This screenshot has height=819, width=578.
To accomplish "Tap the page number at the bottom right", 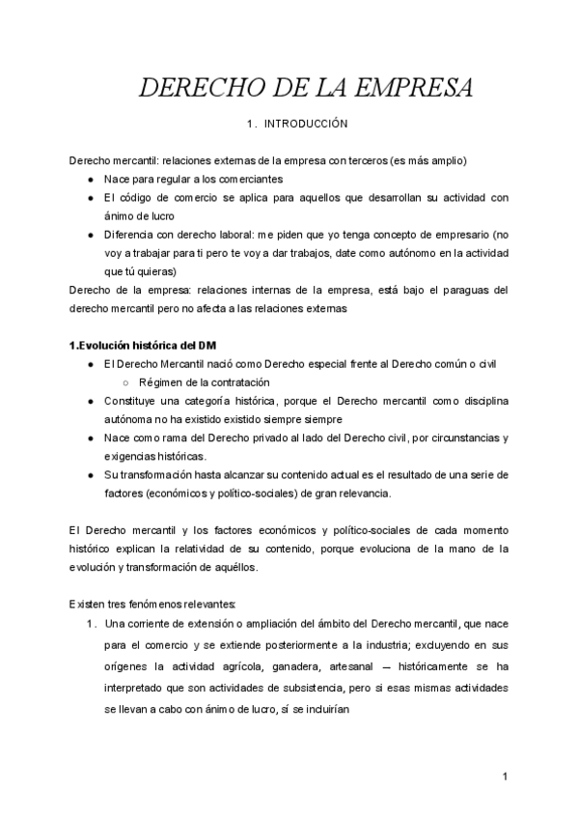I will tap(505, 777).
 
